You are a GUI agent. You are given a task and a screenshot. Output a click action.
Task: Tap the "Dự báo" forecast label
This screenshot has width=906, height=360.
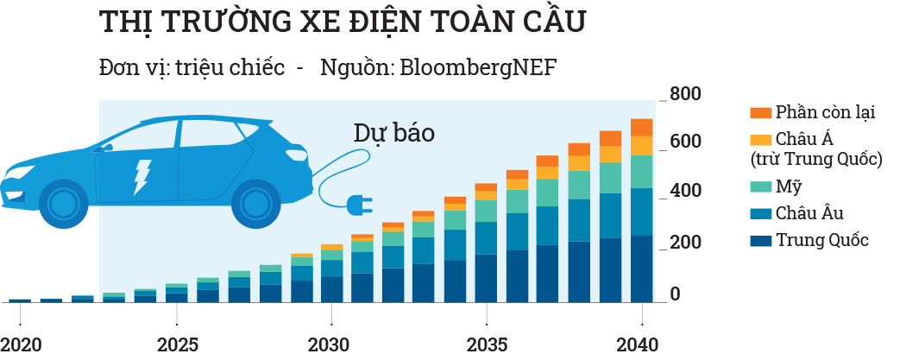click(x=393, y=133)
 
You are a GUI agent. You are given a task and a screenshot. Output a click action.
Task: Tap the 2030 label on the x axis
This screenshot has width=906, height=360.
click(x=329, y=344)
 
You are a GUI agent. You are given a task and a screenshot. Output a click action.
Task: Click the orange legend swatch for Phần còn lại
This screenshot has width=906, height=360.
click(x=760, y=113)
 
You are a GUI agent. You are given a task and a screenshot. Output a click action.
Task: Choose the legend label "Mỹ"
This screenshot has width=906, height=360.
click(x=786, y=187)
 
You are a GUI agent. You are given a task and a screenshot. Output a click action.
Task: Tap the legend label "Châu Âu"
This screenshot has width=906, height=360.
click(x=809, y=213)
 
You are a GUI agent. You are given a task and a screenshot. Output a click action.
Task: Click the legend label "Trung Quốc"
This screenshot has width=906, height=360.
click(x=821, y=240)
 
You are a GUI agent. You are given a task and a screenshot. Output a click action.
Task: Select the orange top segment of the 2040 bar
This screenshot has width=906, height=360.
click(x=641, y=127)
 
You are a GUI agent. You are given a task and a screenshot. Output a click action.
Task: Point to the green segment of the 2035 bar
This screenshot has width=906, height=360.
click(x=486, y=211)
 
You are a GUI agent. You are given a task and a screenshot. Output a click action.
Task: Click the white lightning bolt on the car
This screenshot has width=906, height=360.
click(x=140, y=176)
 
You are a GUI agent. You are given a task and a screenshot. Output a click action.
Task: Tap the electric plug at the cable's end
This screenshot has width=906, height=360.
click(x=358, y=205)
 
